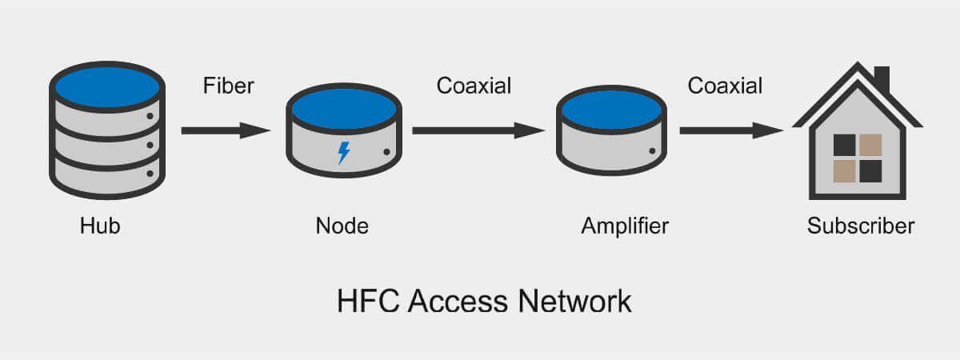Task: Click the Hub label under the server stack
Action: tap(100, 226)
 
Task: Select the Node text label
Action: tap(342, 226)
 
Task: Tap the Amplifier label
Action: tap(624, 226)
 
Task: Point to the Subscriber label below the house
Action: tap(860, 226)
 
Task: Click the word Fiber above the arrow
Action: tap(228, 86)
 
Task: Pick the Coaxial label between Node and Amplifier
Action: tap(474, 86)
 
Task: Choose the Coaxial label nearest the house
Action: tap(725, 86)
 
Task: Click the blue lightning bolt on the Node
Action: tap(344, 152)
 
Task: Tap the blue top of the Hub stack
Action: tap(107, 87)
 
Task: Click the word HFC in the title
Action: tap(366, 302)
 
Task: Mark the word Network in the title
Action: tap(574, 302)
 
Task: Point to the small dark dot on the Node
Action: tap(386, 151)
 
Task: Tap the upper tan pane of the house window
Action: tap(870, 145)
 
